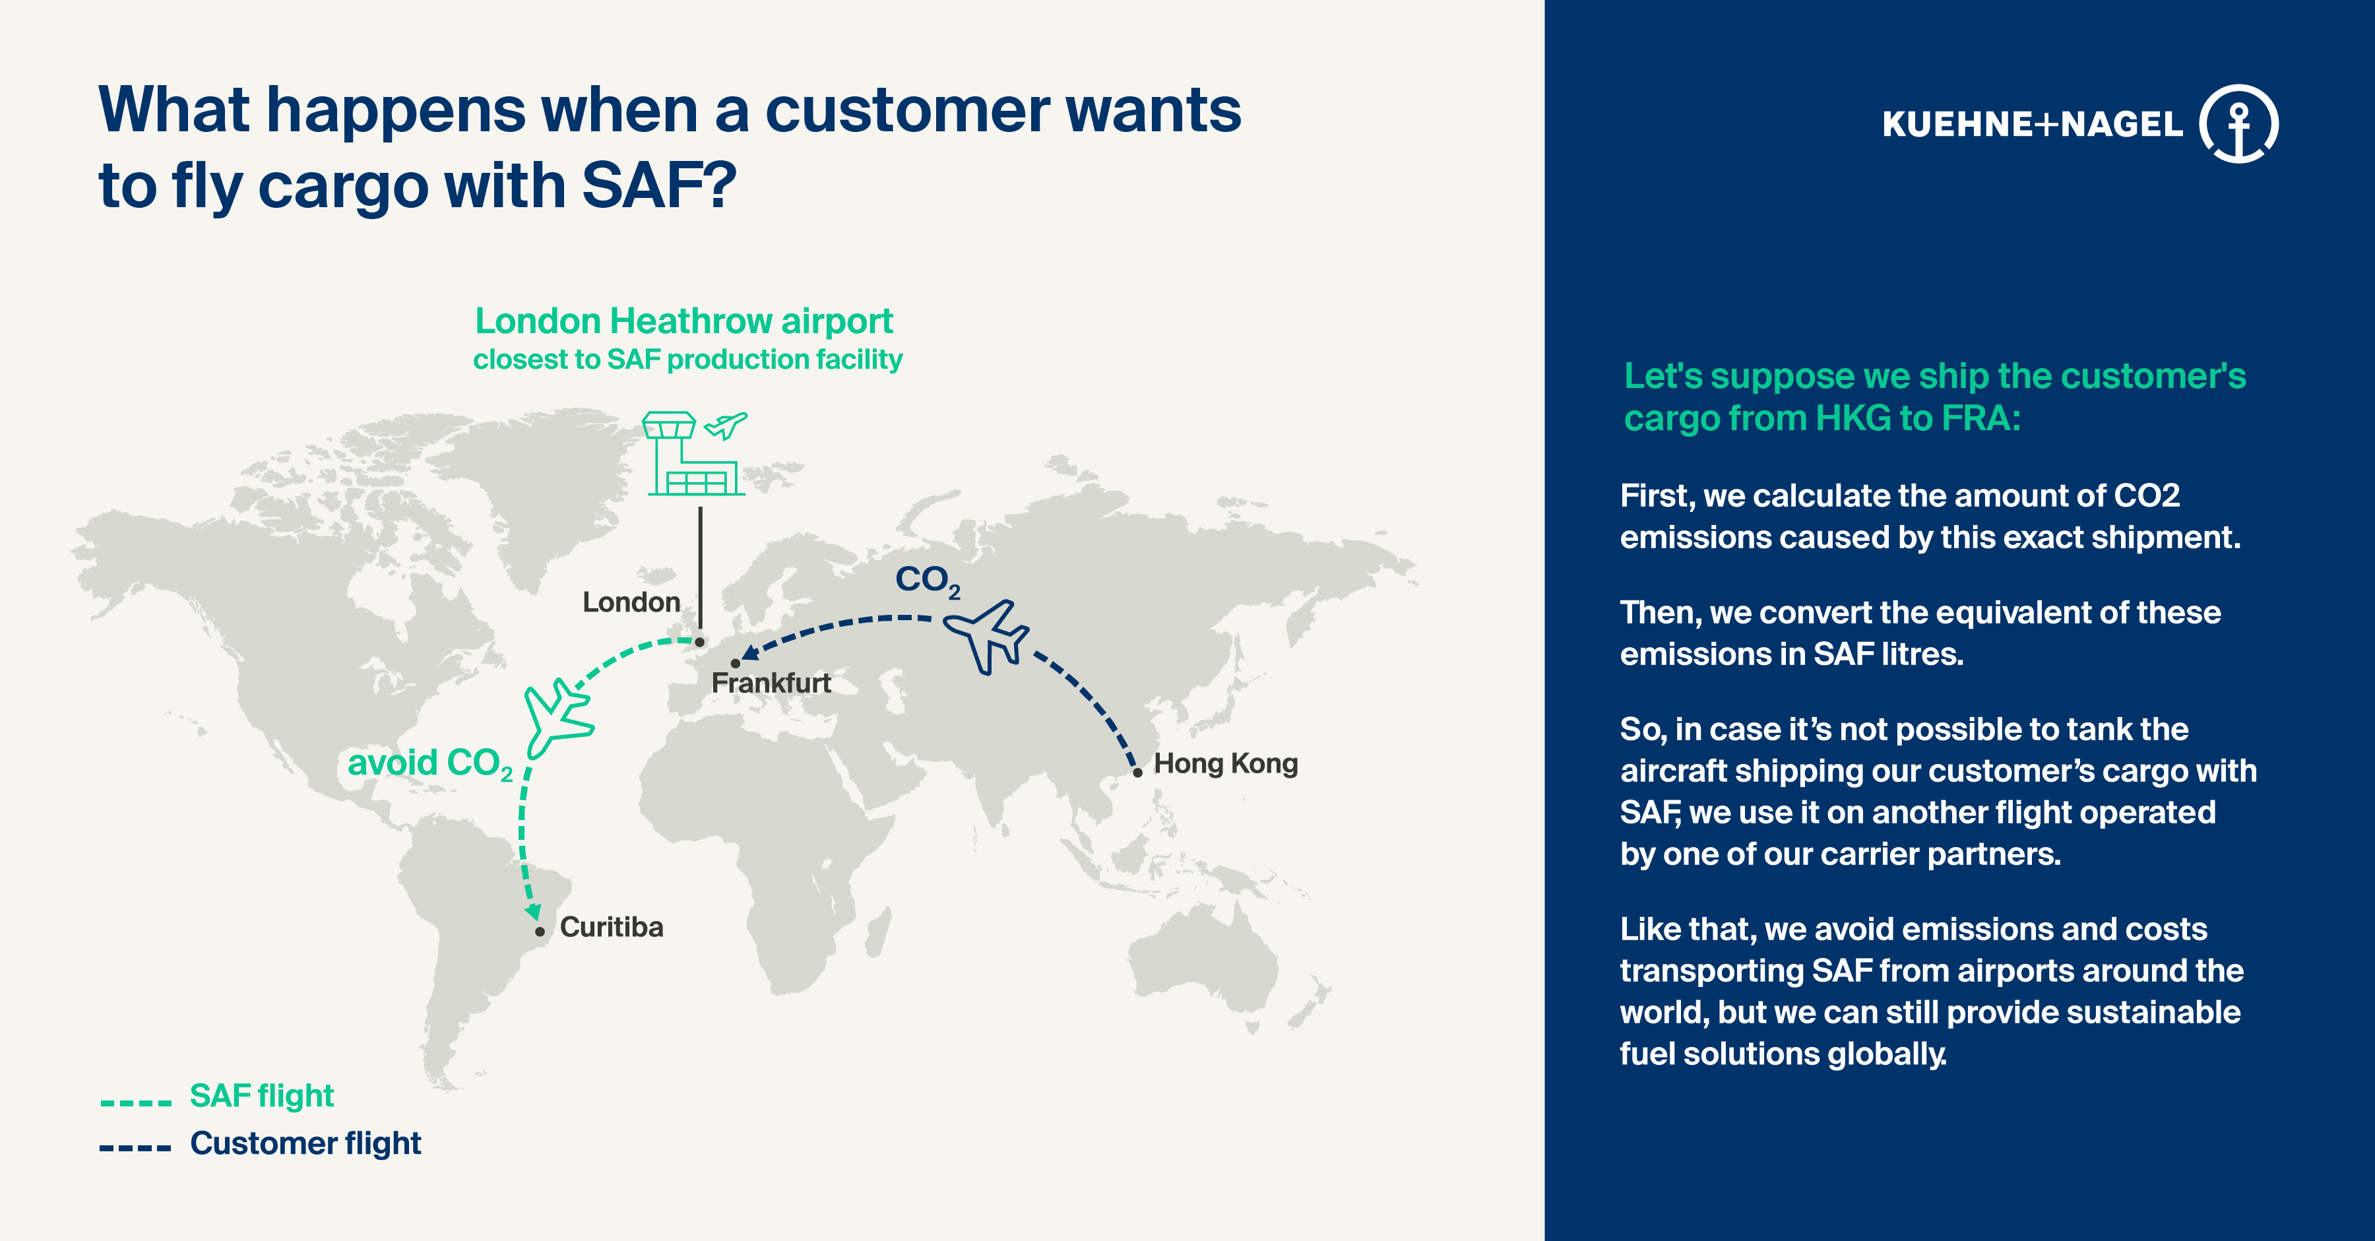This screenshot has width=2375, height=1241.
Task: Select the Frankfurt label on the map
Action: (771, 684)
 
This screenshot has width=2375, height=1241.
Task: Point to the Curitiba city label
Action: (612, 926)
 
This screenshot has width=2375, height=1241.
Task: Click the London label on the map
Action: (631, 602)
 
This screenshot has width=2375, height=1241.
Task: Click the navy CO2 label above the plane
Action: (928, 581)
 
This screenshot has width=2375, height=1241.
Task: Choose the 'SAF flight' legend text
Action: (262, 1095)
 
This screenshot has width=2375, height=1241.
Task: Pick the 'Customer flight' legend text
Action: (305, 1143)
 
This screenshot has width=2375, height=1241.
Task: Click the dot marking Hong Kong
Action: (1138, 773)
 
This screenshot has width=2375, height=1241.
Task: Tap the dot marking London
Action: (700, 642)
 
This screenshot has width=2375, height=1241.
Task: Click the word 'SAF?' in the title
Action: (659, 185)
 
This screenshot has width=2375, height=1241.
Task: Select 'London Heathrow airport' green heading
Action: (684, 321)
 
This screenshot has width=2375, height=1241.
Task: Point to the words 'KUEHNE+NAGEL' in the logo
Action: (2032, 123)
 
